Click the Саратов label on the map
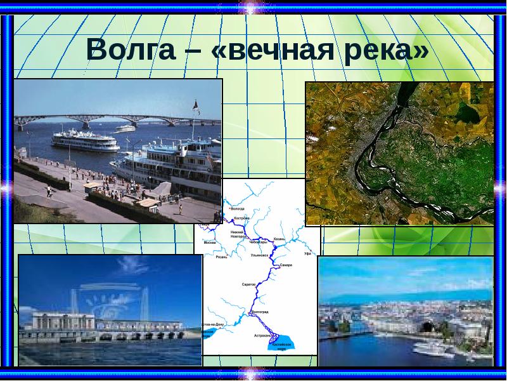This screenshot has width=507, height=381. [248, 284]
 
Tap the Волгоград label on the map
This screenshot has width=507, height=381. [260, 312]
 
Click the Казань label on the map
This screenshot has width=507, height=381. [279, 239]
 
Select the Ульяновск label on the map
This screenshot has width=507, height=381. [260, 255]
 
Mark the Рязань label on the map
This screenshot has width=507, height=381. [222, 257]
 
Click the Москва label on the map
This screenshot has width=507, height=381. [210, 243]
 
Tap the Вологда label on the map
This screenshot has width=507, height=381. [237, 209]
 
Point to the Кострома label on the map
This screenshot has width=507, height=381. [242, 218]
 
